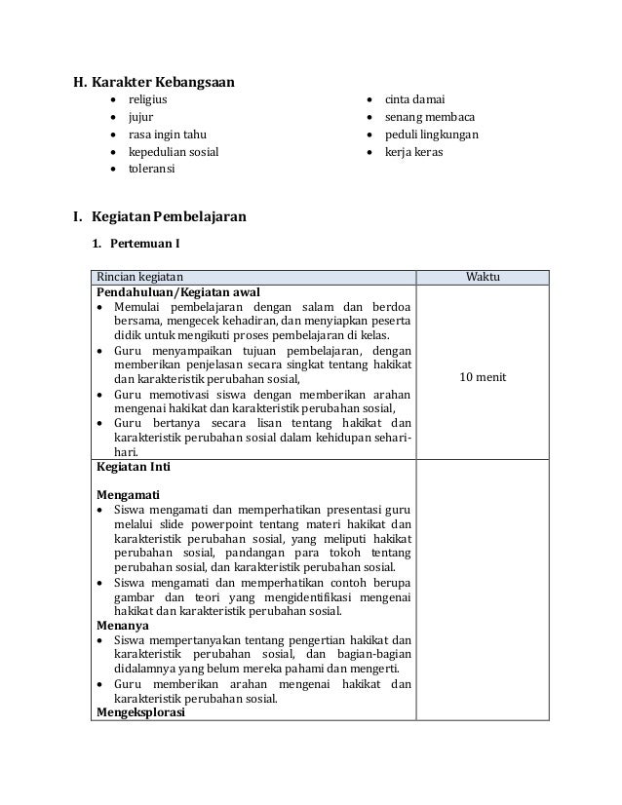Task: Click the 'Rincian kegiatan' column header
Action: [x=138, y=277]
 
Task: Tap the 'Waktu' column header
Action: [x=483, y=277]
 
